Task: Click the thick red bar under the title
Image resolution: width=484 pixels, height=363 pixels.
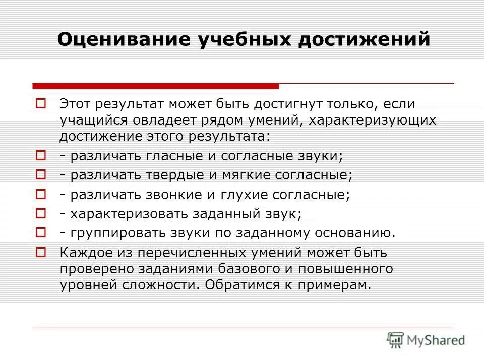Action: [155, 86]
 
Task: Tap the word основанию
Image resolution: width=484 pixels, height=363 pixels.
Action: [353, 232]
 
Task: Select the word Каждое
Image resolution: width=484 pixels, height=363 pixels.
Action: [83, 252]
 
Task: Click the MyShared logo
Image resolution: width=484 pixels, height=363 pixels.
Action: [426, 340]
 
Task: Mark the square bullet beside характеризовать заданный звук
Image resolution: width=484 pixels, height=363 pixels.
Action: [42, 213]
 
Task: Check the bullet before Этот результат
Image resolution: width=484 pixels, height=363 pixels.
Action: [42, 104]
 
